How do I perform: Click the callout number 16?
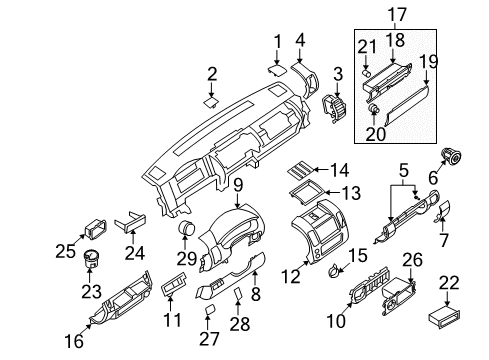click(73, 342)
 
